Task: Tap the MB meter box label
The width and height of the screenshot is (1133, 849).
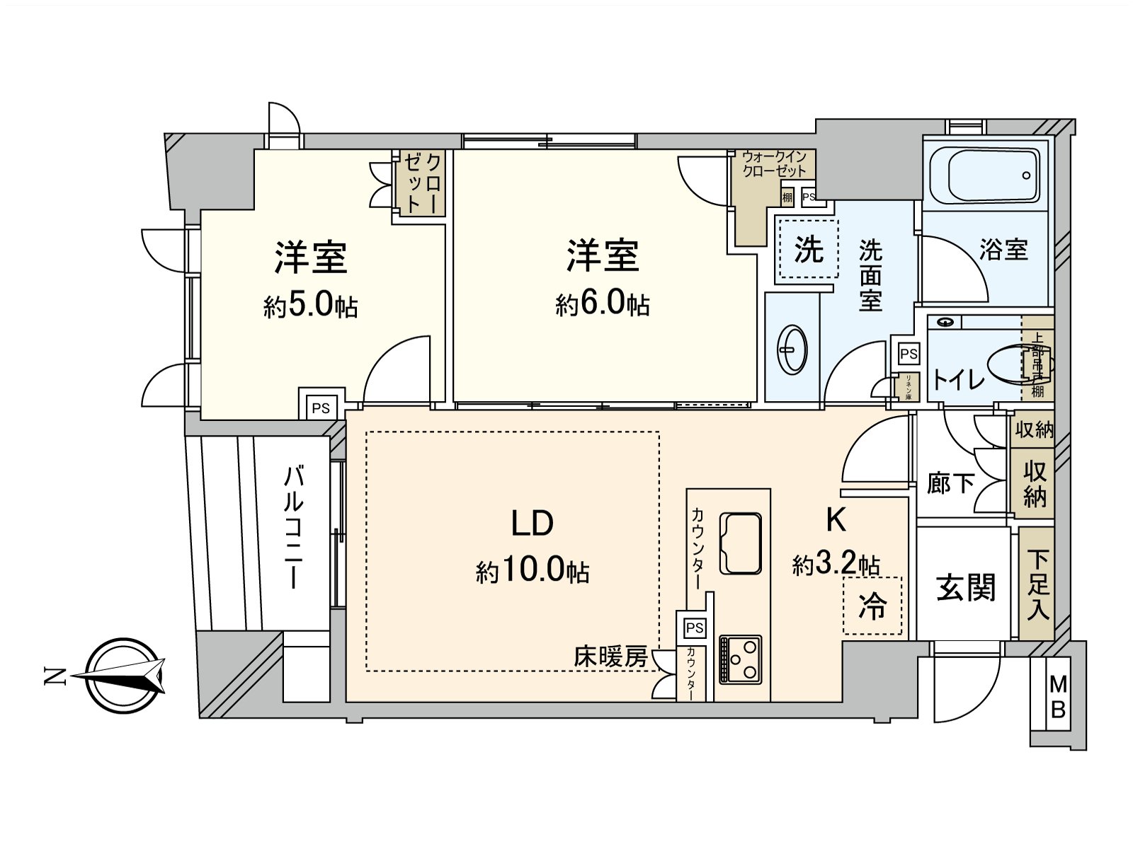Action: click(1058, 696)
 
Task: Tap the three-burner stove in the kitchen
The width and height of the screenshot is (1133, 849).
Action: click(741, 659)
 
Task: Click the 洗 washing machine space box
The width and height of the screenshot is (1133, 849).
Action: click(808, 249)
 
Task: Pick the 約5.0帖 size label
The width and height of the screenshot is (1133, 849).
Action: click(310, 306)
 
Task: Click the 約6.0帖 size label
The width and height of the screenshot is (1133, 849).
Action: click(602, 304)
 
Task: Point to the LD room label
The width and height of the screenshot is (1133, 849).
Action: click(533, 524)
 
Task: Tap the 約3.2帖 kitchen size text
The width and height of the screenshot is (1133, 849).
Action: click(836, 565)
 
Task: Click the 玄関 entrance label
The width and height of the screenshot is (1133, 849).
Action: click(965, 587)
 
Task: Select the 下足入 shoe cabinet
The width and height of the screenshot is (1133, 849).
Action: click(1037, 584)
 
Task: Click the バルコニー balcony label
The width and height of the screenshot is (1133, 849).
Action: click(294, 527)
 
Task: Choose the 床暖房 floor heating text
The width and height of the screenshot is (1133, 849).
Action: click(610, 657)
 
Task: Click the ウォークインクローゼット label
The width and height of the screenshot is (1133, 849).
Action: click(774, 164)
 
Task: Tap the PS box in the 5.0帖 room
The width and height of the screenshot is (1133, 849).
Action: click(321, 408)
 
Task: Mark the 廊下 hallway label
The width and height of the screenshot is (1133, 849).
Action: click(950, 484)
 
